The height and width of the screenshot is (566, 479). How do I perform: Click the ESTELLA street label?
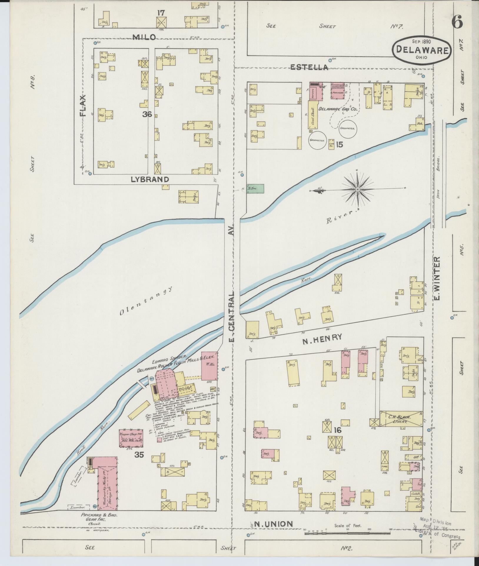pyautogui.click(x=309, y=67)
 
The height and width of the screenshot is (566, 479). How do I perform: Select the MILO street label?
pyautogui.click(x=144, y=37)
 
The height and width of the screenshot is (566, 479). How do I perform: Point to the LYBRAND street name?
pyautogui.click(x=150, y=179)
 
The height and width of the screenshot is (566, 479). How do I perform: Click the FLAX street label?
pyautogui.click(x=84, y=106)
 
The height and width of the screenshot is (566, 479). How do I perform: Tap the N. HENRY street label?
pyautogui.click(x=322, y=337)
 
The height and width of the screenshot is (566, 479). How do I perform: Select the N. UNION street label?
pyautogui.click(x=274, y=523)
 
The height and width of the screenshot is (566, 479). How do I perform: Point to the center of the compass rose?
pyautogui.click(x=357, y=189)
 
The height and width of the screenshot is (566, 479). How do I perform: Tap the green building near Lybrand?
pyautogui.click(x=255, y=189)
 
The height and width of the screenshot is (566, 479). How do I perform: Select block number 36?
pyautogui.click(x=147, y=115)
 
